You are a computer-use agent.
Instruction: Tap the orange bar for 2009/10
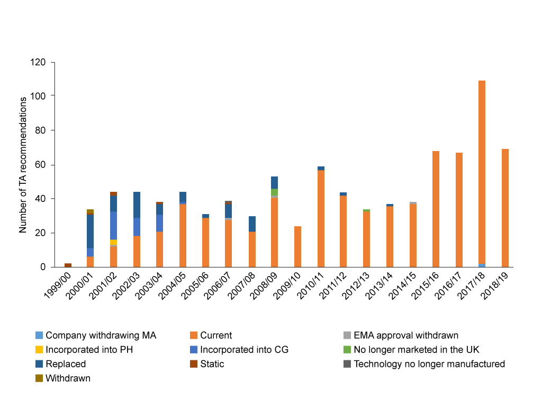297,246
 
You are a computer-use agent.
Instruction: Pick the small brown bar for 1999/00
68,265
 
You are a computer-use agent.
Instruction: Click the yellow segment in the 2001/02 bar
114,242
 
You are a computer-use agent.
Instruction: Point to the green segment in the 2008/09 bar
274,192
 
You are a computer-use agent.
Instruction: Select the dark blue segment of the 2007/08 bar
252,224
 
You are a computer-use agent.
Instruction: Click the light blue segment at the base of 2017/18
482,265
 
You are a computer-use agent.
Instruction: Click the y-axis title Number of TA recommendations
23,165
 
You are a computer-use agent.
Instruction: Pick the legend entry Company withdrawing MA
101,335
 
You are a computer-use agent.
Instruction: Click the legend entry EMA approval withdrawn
405,335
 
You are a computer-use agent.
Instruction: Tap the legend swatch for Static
193,364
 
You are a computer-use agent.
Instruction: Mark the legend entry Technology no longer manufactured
429,364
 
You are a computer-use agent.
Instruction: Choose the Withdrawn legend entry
68,378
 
